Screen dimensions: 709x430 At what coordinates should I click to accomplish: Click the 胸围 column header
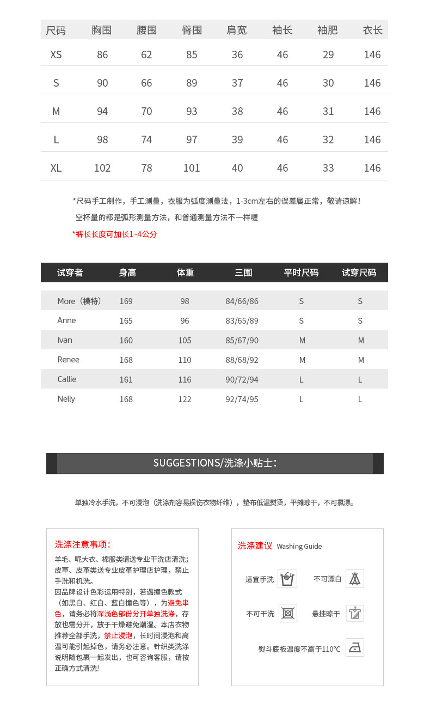click(101, 31)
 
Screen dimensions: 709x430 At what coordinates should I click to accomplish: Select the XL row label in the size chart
click(56, 168)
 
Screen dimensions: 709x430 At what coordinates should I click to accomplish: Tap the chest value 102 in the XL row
click(102, 168)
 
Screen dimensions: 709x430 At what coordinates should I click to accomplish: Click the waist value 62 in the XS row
click(146, 54)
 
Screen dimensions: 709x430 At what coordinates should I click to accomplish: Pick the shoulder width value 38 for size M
click(237, 111)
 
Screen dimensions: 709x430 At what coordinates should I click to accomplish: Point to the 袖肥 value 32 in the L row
click(328, 140)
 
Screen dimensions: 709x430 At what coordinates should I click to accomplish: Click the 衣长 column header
click(373, 31)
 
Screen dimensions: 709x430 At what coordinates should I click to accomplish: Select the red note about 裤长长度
click(115, 234)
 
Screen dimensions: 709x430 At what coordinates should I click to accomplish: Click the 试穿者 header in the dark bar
click(70, 272)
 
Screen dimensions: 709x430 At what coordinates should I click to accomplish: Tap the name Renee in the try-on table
click(69, 360)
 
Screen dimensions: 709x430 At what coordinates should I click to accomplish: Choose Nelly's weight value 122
click(185, 399)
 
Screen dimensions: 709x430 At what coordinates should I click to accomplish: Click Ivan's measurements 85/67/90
click(242, 341)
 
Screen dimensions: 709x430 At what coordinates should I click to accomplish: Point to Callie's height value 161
click(126, 380)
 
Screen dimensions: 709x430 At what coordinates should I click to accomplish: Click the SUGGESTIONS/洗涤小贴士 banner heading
click(215, 463)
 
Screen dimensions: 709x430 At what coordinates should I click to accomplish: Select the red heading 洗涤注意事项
click(83, 544)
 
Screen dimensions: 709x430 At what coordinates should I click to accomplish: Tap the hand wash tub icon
click(287, 579)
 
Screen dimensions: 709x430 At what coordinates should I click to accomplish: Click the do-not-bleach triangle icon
click(355, 579)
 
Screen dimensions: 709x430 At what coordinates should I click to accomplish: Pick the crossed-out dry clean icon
click(288, 613)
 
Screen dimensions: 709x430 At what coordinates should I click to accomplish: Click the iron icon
click(355, 647)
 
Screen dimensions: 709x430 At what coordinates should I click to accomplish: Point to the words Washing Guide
click(299, 546)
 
